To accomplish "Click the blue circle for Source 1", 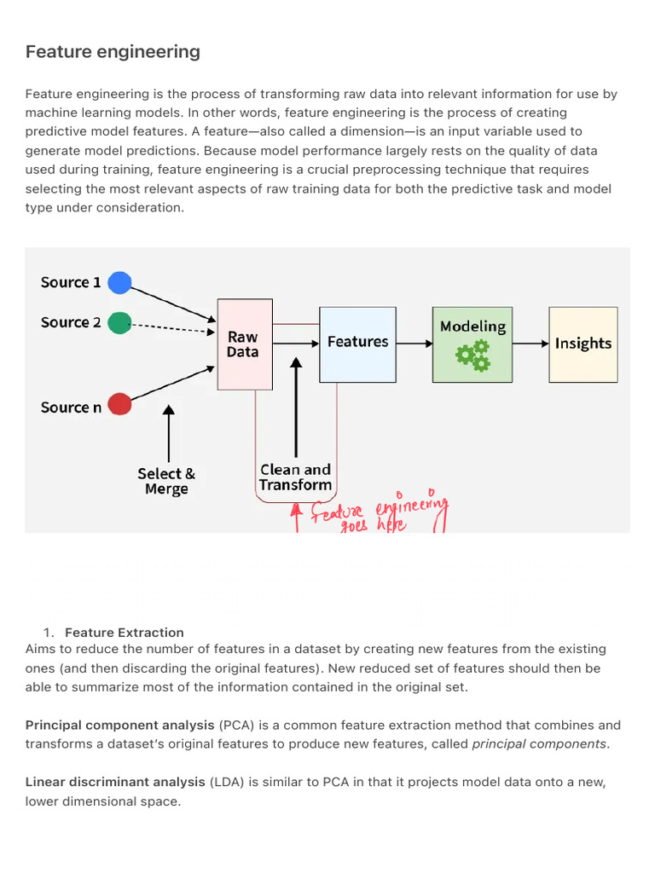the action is (x=119, y=282).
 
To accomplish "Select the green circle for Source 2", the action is (x=119, y=323).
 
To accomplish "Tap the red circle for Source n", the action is (x=119, y=404).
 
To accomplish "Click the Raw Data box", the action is (x=245, y=344).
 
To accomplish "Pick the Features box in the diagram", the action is (x=357, y=344).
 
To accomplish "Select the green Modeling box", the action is (x=472, y=344).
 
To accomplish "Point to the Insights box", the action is (x=583, y=344).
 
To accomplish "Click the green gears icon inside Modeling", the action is (x=472, y=356).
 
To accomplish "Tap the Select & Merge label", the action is (x=166, y=481).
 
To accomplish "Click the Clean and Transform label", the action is (x=295, y=477).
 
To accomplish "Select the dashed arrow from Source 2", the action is (x=173, y=328).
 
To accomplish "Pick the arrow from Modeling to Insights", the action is (x=530, y=344).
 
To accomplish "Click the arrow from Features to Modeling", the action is (x=414, y=344).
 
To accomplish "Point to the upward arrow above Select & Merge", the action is (x=169, y=433).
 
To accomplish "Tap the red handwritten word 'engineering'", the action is (x=411, y=506).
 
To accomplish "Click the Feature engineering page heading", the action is (x=113, y=52).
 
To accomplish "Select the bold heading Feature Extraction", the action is (x=125, y=633).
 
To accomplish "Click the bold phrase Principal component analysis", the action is (x=119, y=726).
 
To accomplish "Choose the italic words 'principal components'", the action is (x=539, y=744).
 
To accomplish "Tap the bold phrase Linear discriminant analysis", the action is (x=115, y=783).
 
